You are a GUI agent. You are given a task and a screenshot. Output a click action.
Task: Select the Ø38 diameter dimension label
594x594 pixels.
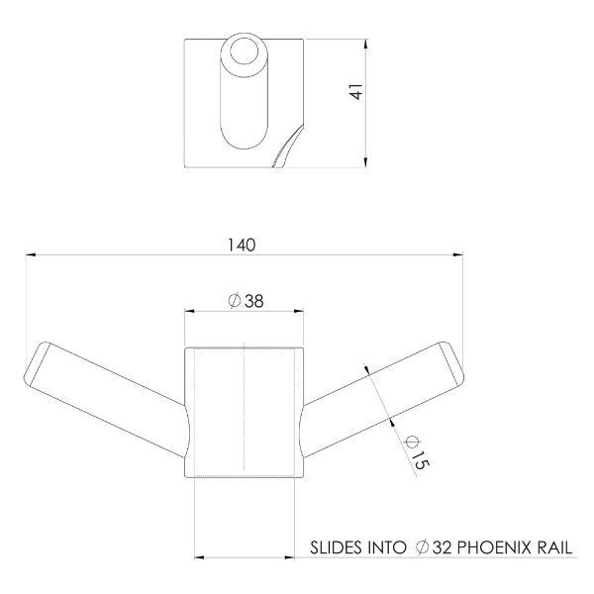pos(245,301)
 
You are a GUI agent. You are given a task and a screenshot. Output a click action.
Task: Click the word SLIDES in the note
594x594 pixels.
pos(338,545)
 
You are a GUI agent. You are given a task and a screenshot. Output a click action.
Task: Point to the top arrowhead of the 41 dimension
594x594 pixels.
pos(367,45)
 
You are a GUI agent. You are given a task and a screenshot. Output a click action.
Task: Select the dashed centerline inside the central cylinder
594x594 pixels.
pos(244,411)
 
